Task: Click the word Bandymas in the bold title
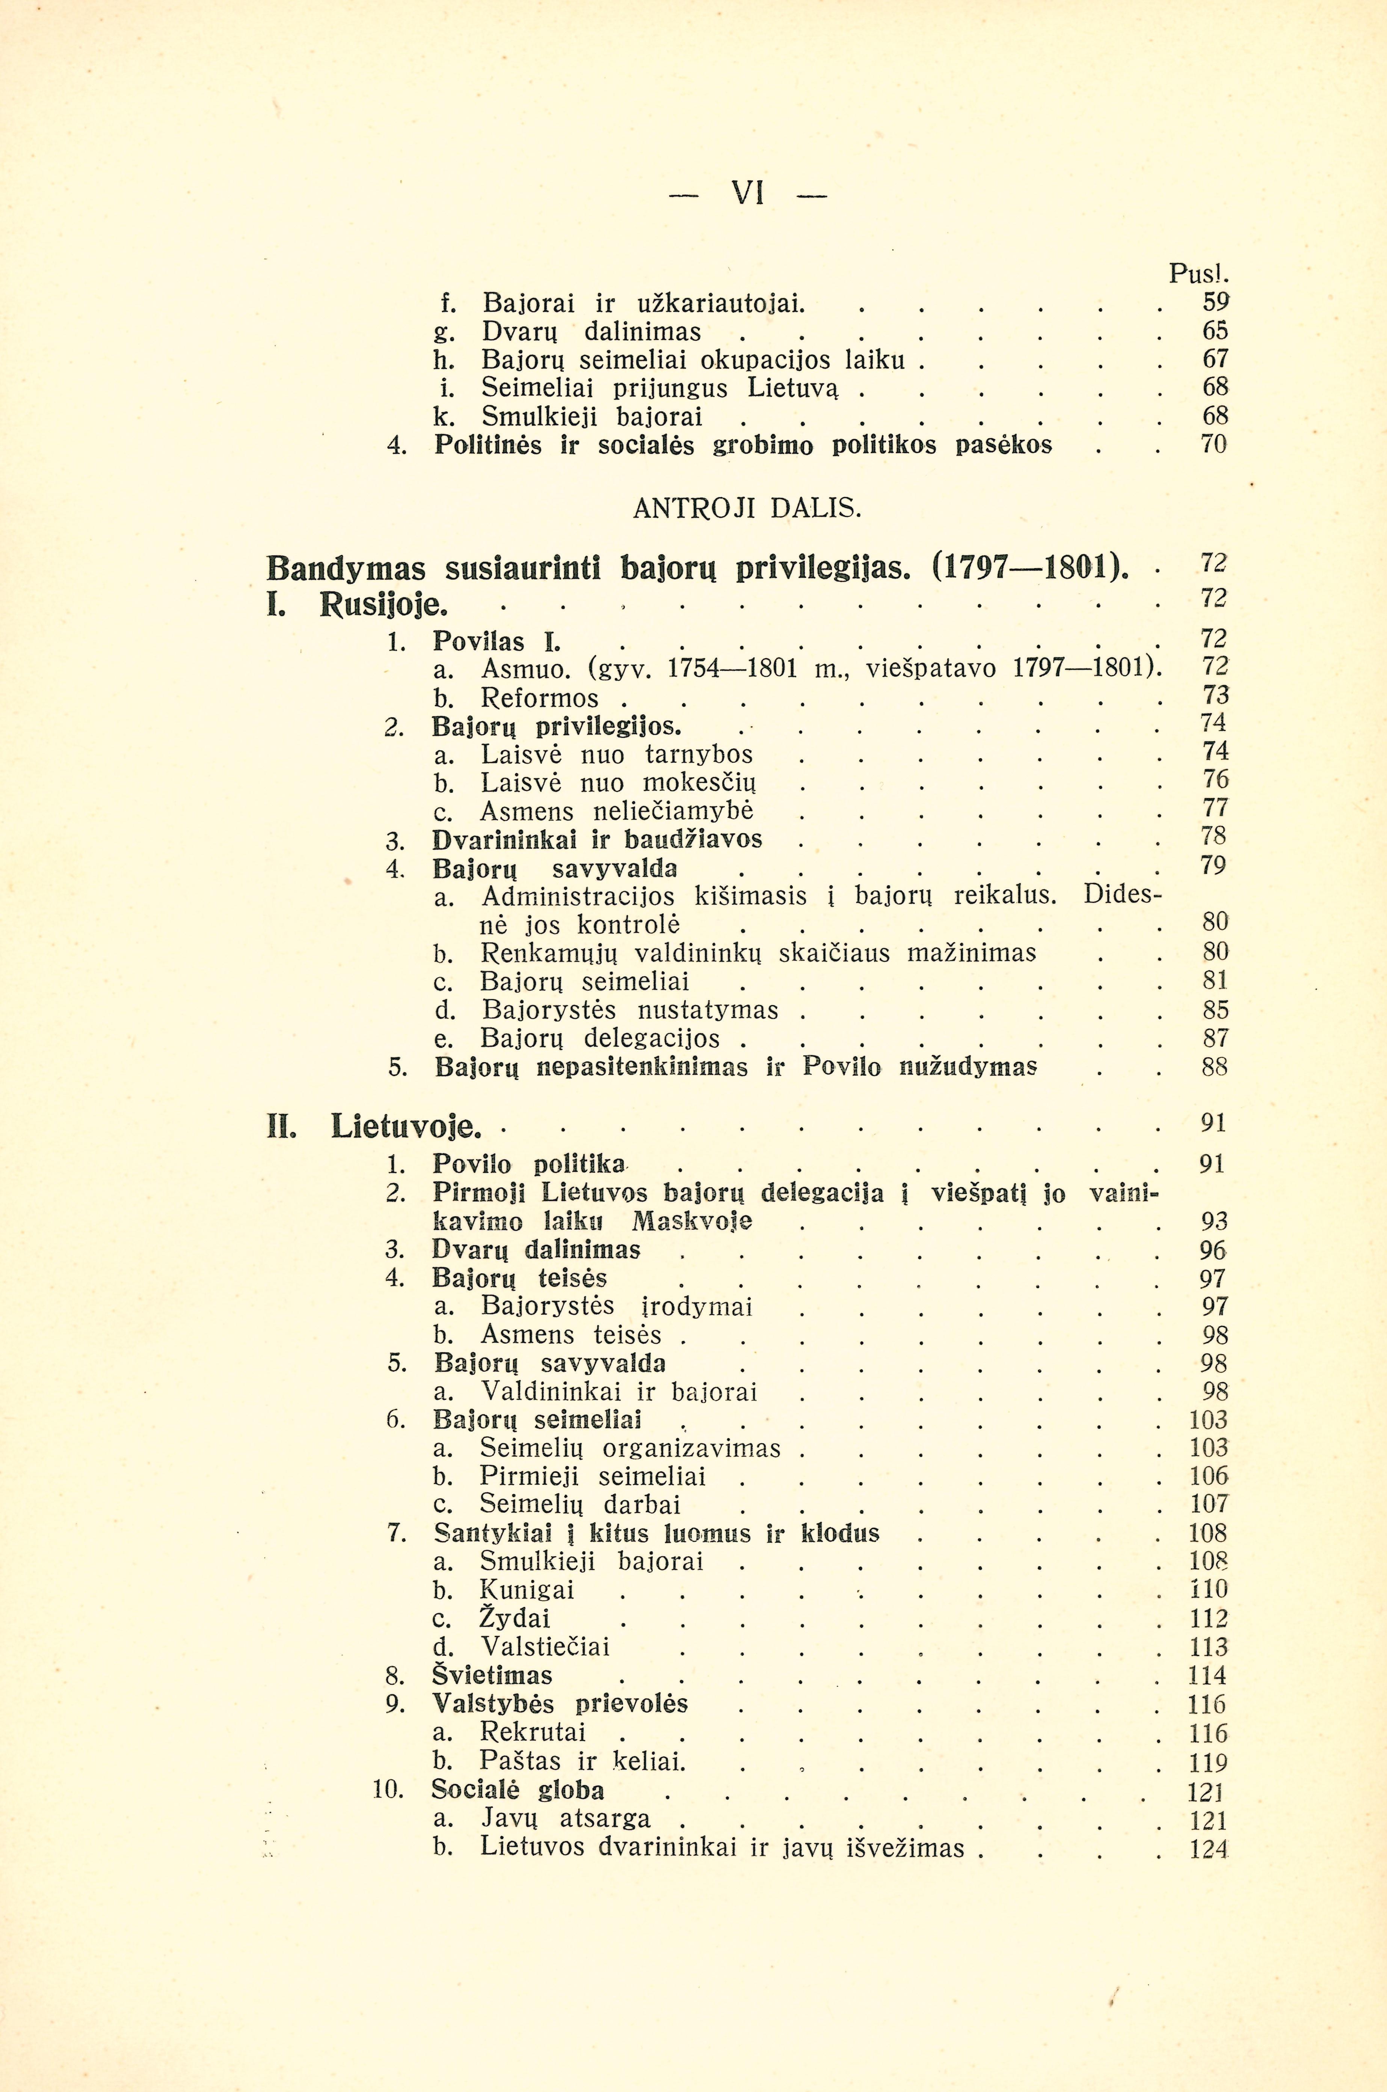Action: point(346,567)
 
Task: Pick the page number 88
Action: point(1215,1067)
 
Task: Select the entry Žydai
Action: point(516,1619)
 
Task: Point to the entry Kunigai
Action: point(527,1590)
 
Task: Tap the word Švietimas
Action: point(492,1675)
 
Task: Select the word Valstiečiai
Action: point(545,1647)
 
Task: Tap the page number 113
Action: point(1208,1647)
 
